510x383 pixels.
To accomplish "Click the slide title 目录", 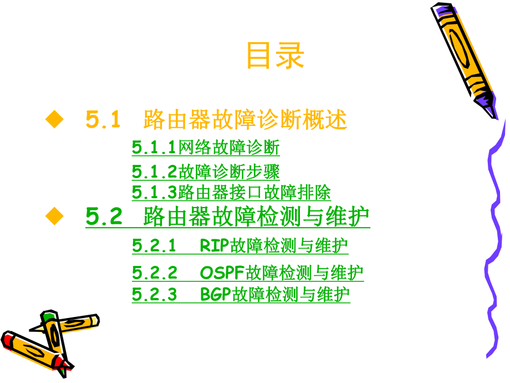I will (x=275, y=56).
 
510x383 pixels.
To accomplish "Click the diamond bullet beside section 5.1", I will (x=54, y=119).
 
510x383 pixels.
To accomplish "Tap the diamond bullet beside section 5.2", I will (x=54, y=216).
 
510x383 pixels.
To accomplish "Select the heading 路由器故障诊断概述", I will (x=245, y=119).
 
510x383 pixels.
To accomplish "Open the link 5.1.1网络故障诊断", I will (x=206, y=148).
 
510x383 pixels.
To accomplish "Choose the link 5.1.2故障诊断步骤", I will (x=206, y=172).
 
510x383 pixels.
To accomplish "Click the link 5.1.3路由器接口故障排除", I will (x=231, y=193).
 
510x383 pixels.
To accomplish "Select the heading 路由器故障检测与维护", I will (x=256, y=216).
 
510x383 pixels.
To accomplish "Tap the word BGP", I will (x=216, y=294).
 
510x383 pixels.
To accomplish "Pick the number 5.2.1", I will (x=154, y=245).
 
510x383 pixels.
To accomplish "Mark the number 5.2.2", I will (x=155, y=273).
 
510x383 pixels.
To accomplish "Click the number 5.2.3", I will (x=155, y=294).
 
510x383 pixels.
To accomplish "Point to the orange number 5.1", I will (x=103, y=119).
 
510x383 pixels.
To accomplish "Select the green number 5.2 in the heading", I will (x=104, y=216).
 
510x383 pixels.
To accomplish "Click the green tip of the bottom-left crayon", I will (x=49, y=317).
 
